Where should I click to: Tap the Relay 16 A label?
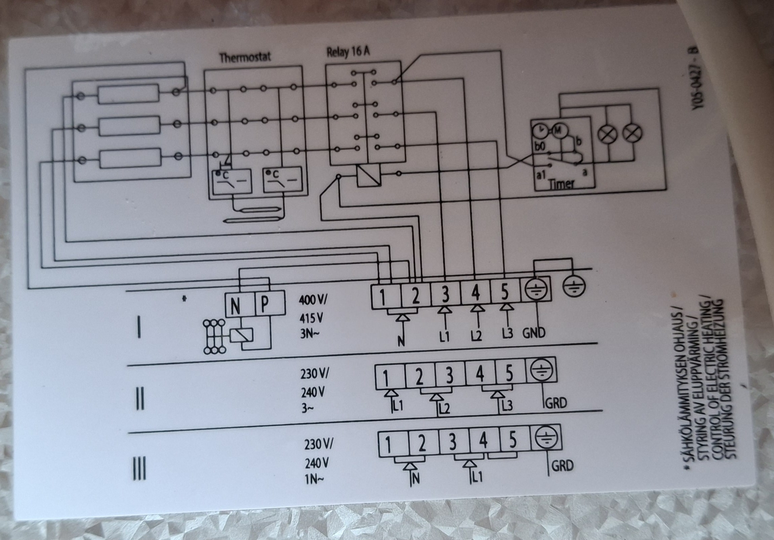click(x=348, y=53)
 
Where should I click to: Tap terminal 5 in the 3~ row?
click(x=510, y=372)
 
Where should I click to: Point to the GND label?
click(x=534, y=333)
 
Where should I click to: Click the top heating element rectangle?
click(x=128, y=94)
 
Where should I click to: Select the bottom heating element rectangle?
click(x=130, y=159)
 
